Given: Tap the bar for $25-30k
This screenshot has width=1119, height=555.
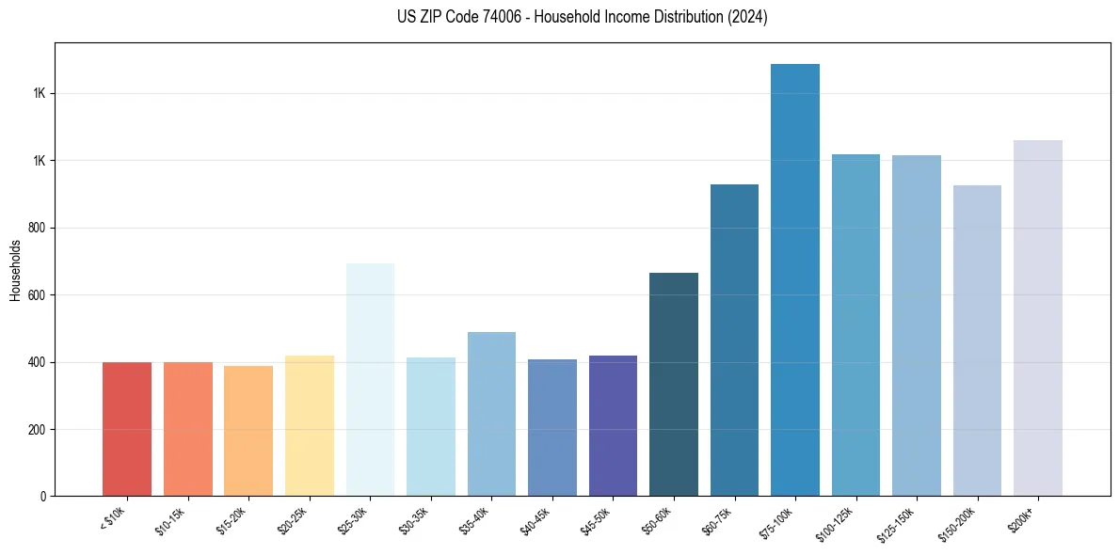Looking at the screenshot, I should point(370,380).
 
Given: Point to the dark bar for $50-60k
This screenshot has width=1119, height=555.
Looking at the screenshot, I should point(674,385).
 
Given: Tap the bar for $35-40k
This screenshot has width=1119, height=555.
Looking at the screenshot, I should point(491,414).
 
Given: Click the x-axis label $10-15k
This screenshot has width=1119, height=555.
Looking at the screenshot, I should point(170,520).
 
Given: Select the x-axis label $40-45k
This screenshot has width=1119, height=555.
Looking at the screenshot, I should point(535,520).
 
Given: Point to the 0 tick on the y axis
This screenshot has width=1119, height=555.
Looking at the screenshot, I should point(43,497).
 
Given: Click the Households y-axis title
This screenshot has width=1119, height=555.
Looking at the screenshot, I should point(15,270).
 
